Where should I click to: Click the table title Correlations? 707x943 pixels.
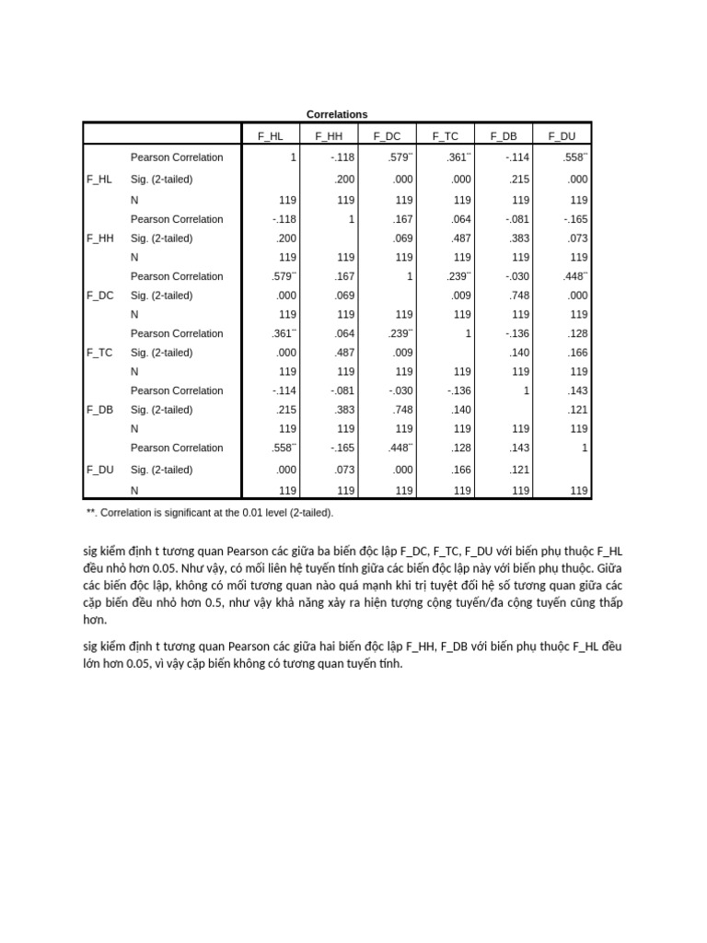pos(338,114)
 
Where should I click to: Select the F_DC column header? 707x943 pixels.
pos(387,136)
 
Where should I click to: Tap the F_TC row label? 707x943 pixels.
pos(100,353)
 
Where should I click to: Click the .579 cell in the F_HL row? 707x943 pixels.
pos(400,157)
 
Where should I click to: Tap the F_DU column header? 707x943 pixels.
pos(562,136)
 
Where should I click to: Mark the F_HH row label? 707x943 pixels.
pos(100,239)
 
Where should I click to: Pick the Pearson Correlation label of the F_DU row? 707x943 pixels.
pos(177,448)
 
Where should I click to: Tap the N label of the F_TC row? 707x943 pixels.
pos(134,371)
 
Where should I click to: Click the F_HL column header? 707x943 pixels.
pos(271,136)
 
